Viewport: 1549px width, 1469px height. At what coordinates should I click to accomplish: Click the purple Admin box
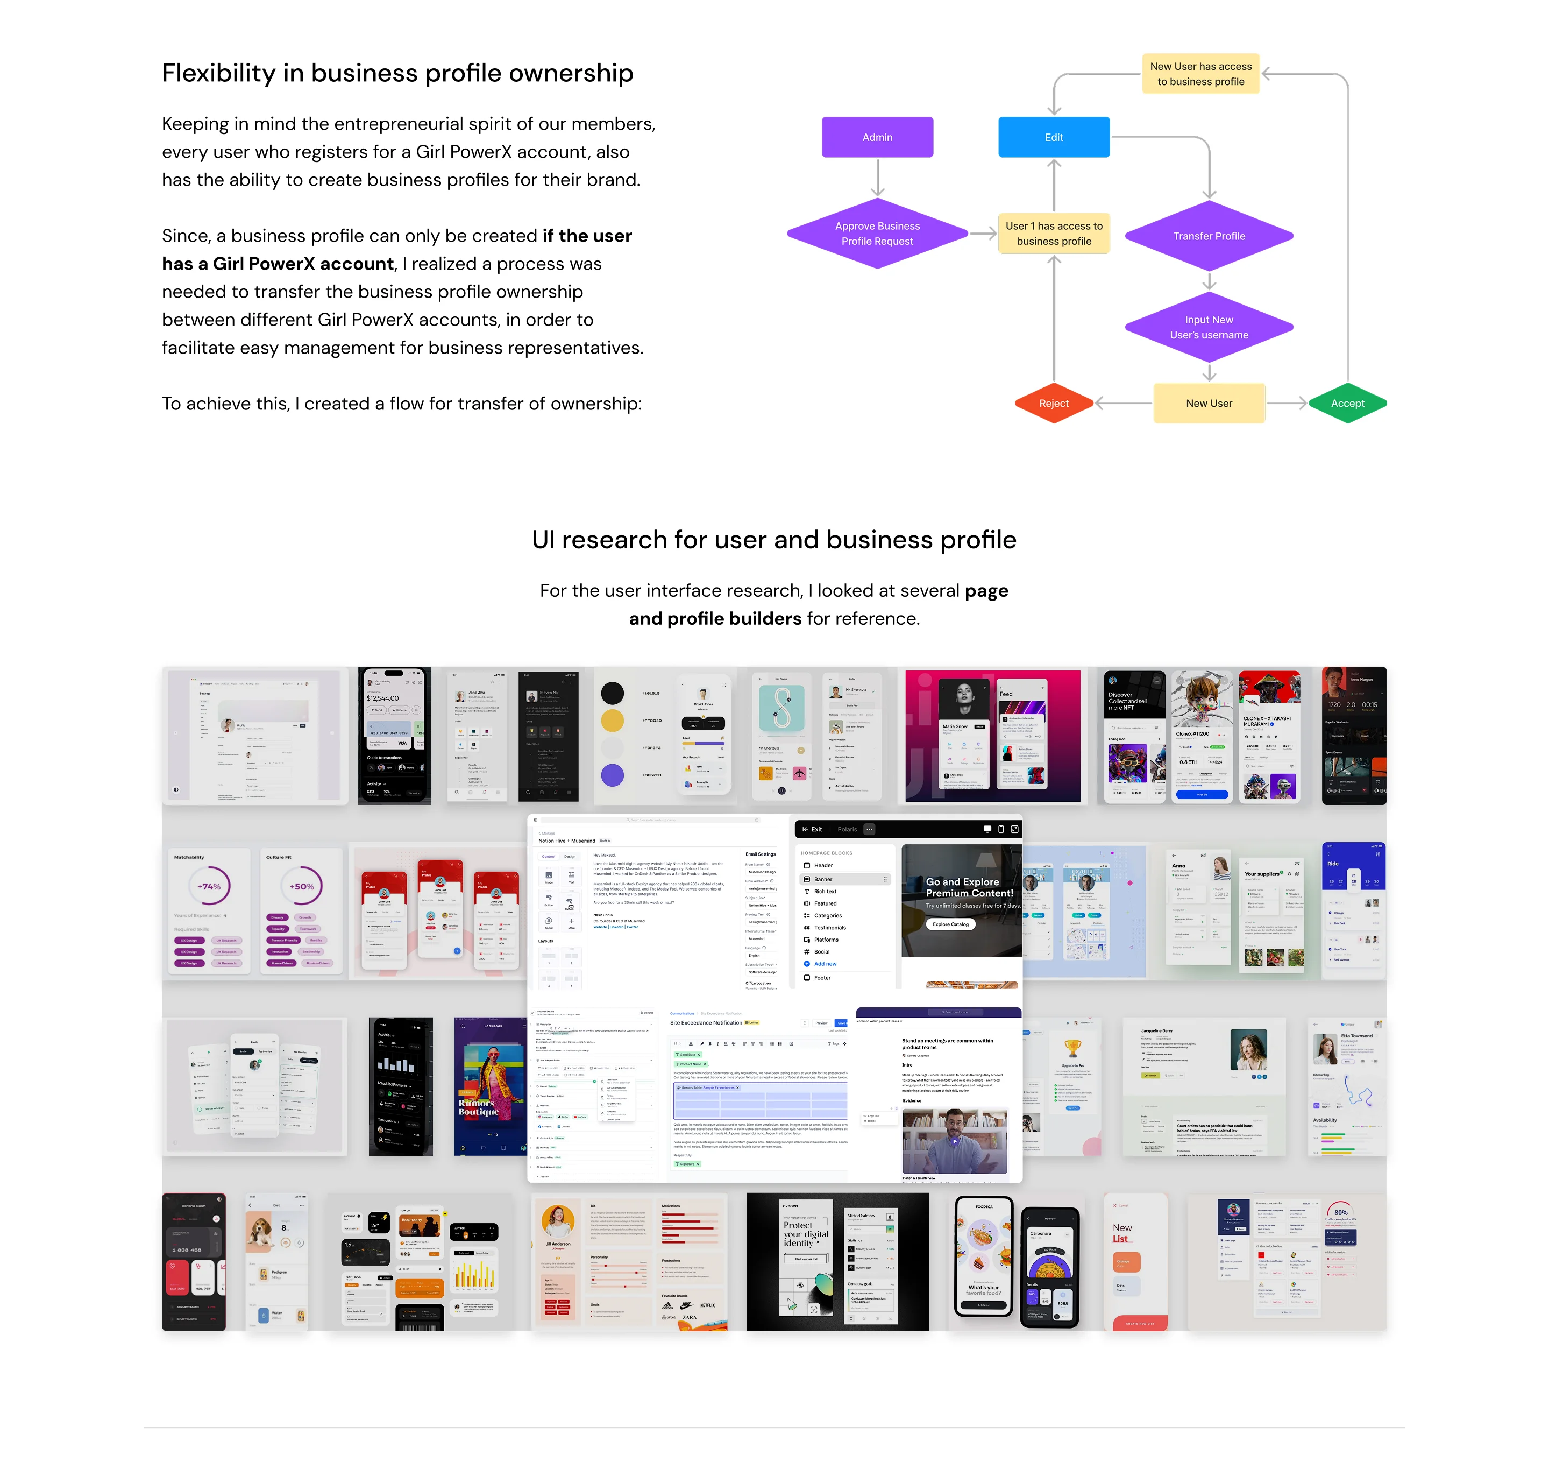click(877, 137)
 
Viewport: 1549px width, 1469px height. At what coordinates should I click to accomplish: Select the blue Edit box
click(1054, 137)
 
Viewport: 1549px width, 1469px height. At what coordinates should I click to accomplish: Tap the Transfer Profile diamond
click(1209, 236)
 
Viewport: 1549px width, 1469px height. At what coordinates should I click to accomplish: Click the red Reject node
click(1054, 403)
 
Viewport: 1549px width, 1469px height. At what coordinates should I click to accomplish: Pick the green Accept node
click(1347, 403)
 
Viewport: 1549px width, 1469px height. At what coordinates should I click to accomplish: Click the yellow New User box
click(1209, 403)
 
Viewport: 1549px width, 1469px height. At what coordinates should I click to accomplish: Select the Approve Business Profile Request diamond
click(877, 234)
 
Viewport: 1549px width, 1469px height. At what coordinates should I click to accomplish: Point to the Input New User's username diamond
click(1209, 327)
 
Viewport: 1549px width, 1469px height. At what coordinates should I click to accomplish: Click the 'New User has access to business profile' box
click(1200, 74)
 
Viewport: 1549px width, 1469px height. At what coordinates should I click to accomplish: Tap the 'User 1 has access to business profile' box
click(1054, 234)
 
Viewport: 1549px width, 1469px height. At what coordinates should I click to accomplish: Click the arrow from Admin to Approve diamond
click(877, 177)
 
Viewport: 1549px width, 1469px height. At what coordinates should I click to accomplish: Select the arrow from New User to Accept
click(1286, 403)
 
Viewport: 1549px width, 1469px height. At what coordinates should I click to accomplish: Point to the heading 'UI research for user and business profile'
click(773, 540)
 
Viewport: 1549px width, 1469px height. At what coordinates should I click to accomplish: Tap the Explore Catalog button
click(950, 924)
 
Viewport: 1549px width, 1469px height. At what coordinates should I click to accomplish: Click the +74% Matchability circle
click(209, 886)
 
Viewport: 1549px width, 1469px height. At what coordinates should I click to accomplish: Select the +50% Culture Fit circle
click(301, 886)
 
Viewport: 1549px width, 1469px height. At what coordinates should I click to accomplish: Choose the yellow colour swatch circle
click(612, 721)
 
